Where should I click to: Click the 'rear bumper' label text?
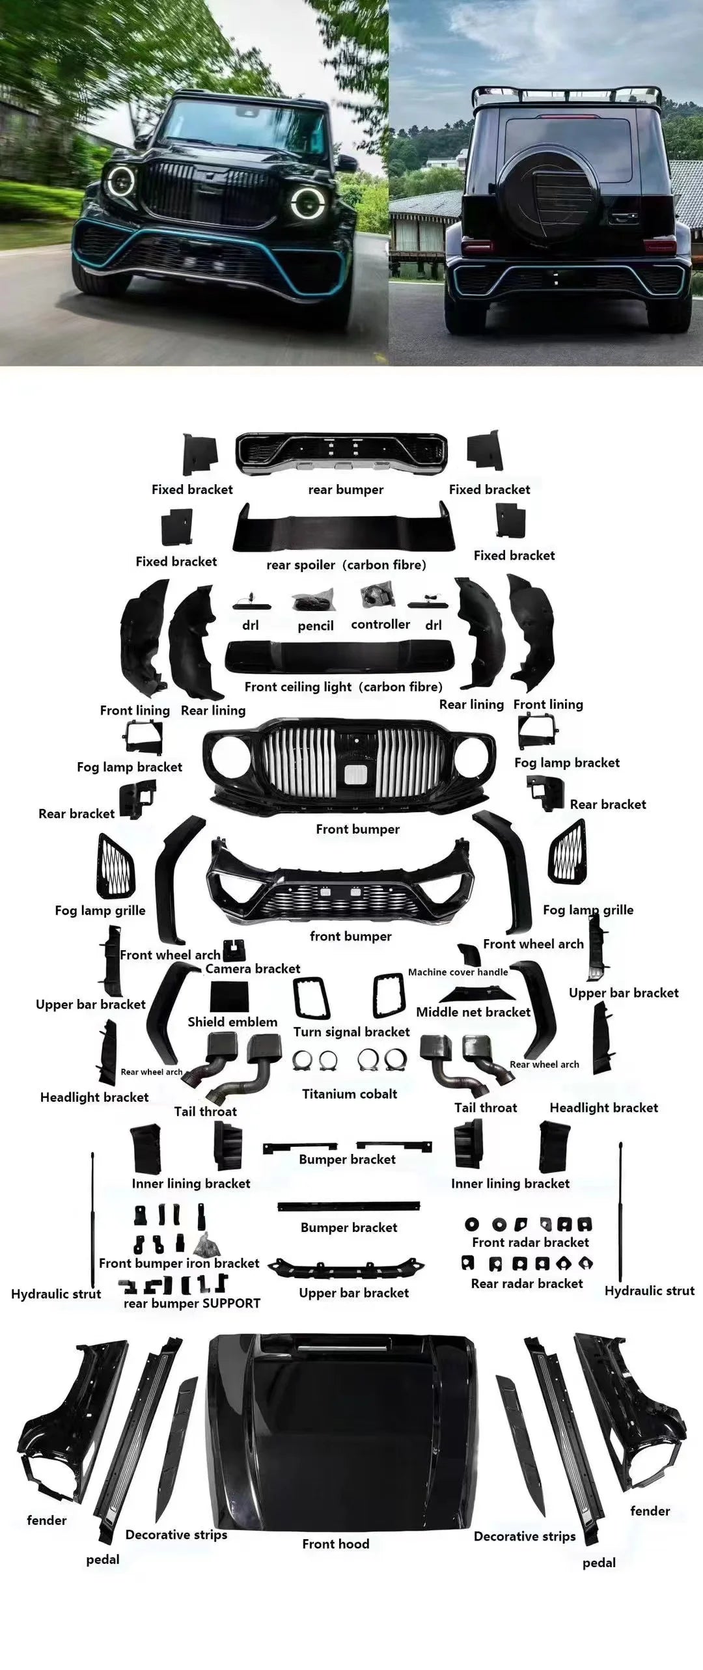tap(346, 490)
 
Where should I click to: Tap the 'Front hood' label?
tap(335, 1544)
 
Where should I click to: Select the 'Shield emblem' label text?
tap(232, 1022)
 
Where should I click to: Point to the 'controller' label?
tap(380, 624)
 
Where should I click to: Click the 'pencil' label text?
tap(316, 626)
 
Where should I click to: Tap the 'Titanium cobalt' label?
tap(350, 1094)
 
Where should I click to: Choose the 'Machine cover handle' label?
tap(458, 972)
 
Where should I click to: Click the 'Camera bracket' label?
tap(253, 968)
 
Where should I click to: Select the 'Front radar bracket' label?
tap(531, 1242)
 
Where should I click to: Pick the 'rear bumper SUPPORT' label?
tap(192, 1303)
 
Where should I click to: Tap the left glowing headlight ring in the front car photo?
tap(121, 182)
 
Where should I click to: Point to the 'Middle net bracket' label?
tap(473, 1012)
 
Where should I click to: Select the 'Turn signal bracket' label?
tap(351, 1032)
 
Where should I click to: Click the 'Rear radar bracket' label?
tap(527, 1283)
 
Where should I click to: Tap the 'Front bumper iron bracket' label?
tap(179, 1263)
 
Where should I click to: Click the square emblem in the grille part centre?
tap(355, 774)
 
